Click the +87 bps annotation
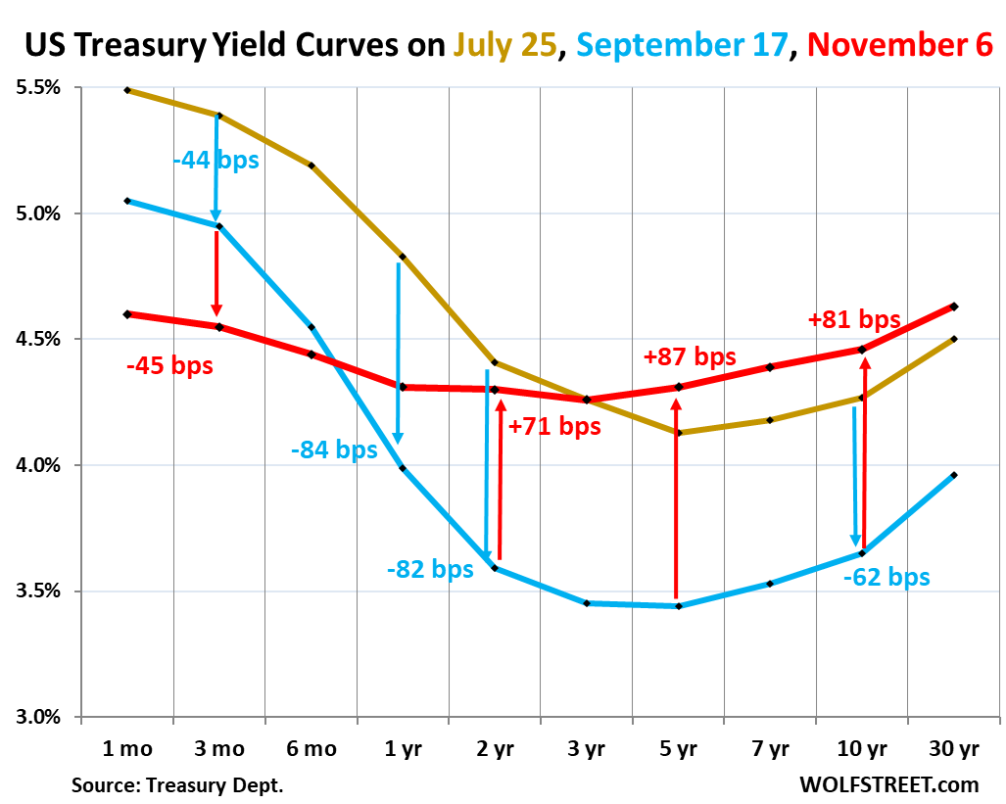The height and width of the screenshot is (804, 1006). [x=689, y=357]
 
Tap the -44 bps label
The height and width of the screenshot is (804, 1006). [x=216, y=159]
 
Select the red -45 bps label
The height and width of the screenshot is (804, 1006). [x=169, y=367]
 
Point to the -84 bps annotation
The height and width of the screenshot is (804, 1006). [x=334, y=450]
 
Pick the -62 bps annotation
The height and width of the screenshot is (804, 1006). [x=886, y=577]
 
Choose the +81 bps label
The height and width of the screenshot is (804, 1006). [x=854, y=319]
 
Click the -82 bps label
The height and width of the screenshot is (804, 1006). [x=430, y=569]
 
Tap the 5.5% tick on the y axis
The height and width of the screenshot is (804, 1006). [x=37, y=88]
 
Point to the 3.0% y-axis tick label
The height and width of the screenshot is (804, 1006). [x=37, y=717]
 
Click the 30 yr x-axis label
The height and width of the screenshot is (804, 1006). [x=952, y=750]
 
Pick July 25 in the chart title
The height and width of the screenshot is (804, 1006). [x=505, y=44]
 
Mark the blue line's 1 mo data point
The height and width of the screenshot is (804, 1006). [x=127, y=201]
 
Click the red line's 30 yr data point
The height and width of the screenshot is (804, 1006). [x=954, y=307]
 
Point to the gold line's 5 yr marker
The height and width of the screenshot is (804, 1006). [x=677, y=432]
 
